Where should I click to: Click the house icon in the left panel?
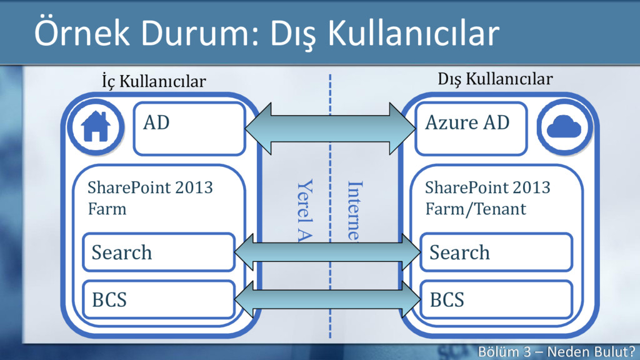(96, 127)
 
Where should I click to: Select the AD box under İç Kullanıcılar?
(188, 129)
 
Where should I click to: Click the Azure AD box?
(471, 129)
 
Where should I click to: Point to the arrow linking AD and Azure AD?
(330, 129)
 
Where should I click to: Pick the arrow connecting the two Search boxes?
(328, 252)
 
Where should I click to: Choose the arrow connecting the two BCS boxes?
(328, 299)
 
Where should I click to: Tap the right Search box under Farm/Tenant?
(496, 252)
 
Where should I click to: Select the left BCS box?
(159, 300)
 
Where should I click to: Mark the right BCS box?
(496, 300)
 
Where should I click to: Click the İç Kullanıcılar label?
(153, 81)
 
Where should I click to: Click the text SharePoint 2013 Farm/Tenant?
(487, 197)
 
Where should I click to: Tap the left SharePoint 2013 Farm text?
(150, 197)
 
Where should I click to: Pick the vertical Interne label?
(354, 209)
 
